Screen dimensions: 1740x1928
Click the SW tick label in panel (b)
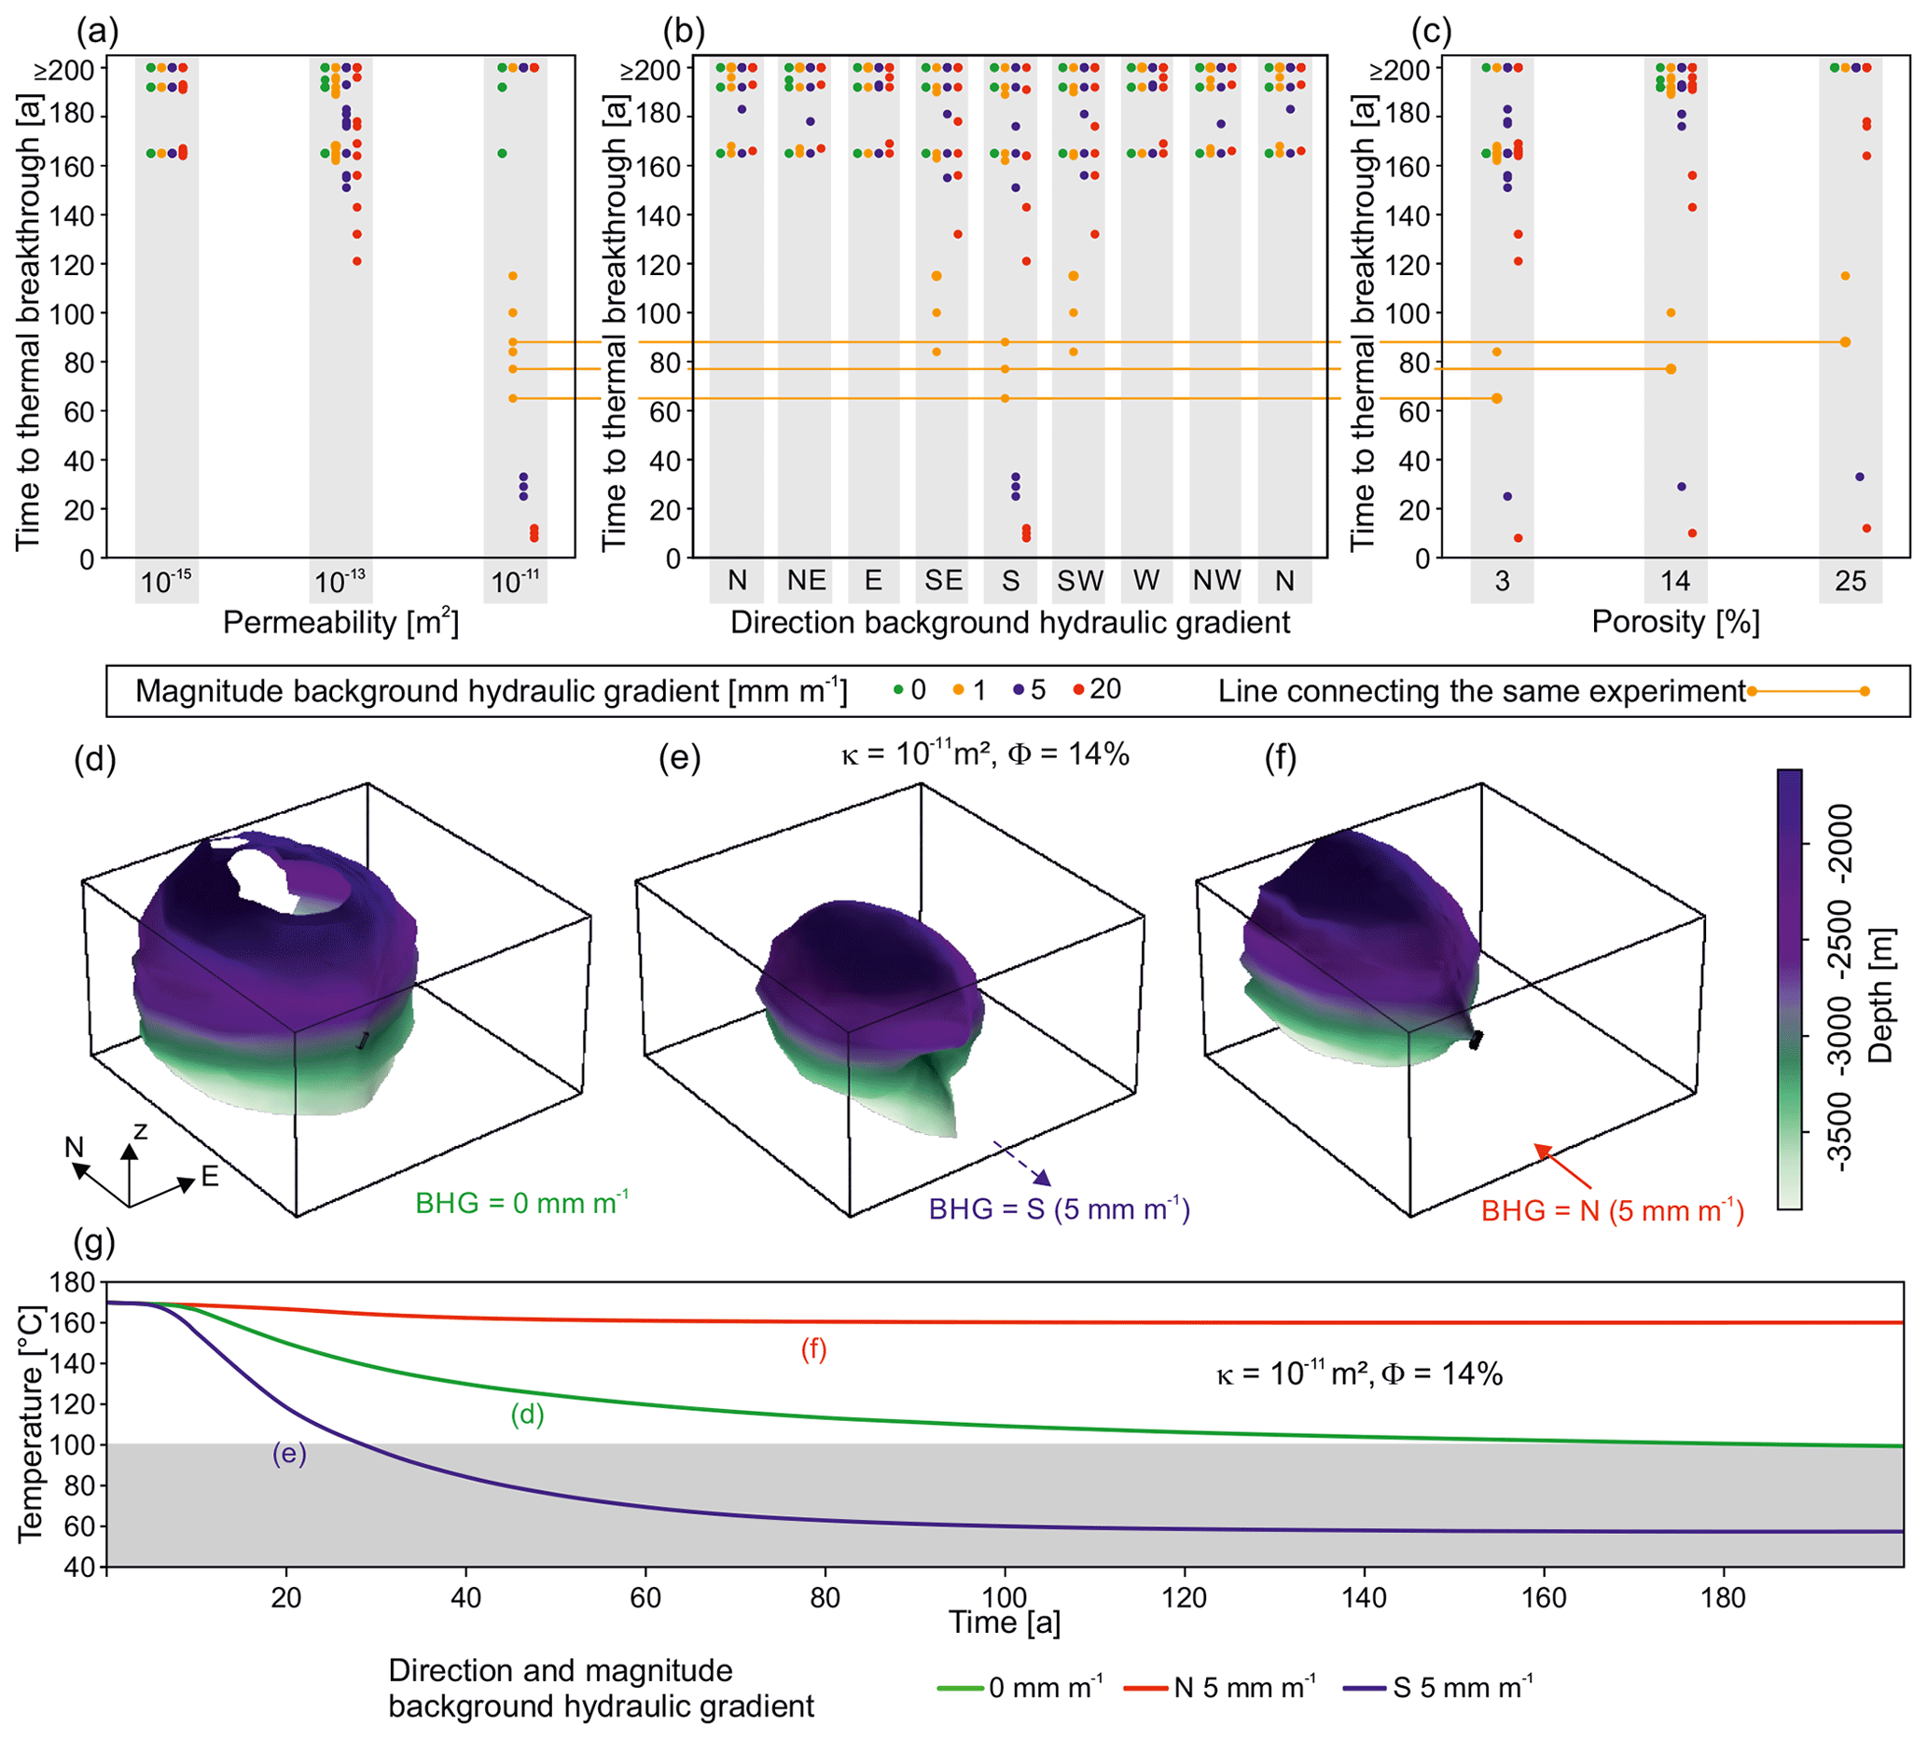[x=1079, y=580]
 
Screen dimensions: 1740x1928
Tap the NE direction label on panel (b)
[x=806, y=580]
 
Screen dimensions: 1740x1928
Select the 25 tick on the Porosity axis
[x=1850, y=581]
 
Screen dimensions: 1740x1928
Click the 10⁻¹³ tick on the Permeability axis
[x=340, y=581]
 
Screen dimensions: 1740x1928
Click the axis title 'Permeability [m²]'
[x=340, y=623]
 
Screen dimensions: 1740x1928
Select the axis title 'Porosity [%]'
[x=1674, y=622]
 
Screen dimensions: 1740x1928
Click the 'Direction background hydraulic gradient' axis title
[x=1010, y=623]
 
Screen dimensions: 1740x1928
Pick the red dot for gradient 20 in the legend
[x=1079, y=690]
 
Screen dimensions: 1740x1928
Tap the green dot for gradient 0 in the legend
[x=898, y=690]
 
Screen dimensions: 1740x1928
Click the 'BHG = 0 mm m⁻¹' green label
[x=521, y=1202]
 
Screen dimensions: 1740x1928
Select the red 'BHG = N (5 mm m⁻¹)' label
[x=1613, y=1211]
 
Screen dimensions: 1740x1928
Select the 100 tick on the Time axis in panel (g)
[x=1005, y=1597]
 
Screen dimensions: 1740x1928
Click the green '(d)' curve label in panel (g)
[x=527, y=1414]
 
